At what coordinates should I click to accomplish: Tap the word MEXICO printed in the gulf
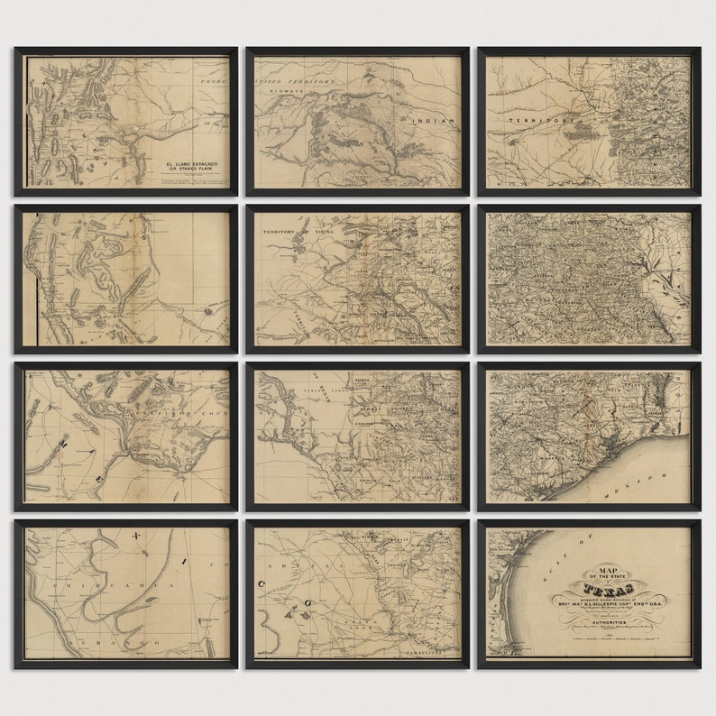pos(645,482)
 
